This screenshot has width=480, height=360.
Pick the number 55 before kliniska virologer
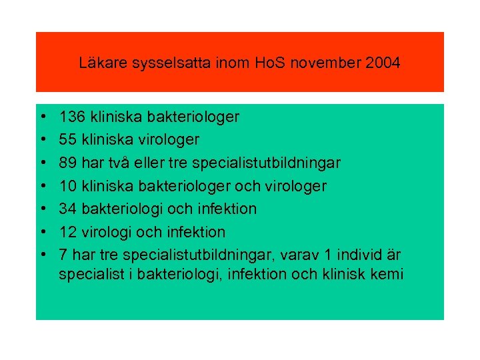(x=67, y=140)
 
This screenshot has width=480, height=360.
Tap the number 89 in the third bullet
(x=67, y=163)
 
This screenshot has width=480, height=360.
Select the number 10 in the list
(x=67, y=186)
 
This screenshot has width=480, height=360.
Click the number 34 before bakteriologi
(x=67, y=209)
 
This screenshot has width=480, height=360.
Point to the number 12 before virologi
(x=67, y=232)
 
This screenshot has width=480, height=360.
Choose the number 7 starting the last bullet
(x=63, y=255)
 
